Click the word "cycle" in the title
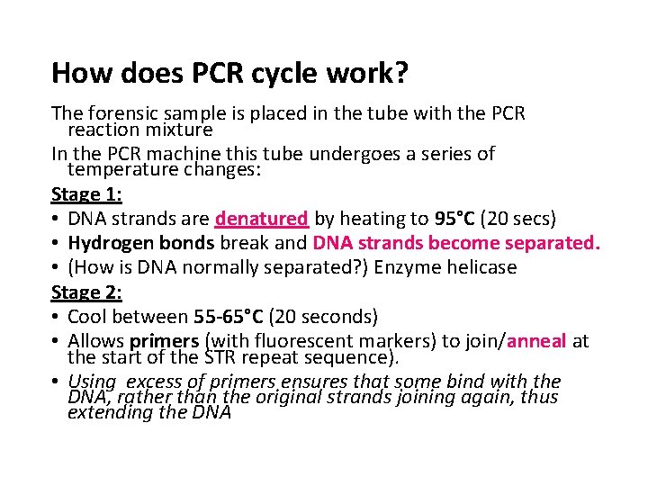pos(296,73)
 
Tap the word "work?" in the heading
pos(373,73)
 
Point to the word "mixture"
pos(175,130)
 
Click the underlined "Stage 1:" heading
pos(86,193)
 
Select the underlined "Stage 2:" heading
pos(86,292)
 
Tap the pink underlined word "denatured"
pos(262,219)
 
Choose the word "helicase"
pos(481,267)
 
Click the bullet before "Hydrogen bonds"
pos(56,243)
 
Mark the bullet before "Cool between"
pos(56,317)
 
